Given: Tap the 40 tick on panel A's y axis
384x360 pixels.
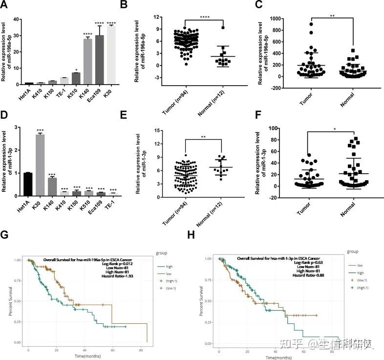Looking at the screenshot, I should click(x=16, y=20).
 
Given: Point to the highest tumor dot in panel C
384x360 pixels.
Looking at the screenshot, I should click(x=311, y=23).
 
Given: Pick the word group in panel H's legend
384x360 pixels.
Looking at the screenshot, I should click(x=352, y=251).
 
